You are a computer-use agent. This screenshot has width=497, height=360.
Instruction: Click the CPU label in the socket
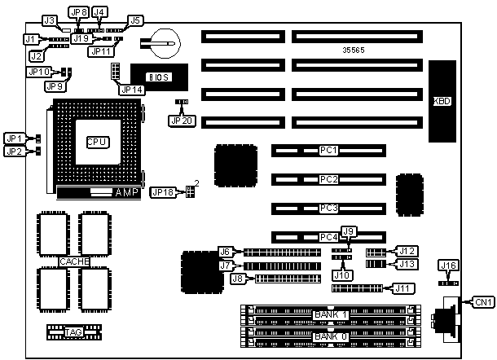[97, 141]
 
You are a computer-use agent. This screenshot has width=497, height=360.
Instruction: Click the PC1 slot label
[328, 151]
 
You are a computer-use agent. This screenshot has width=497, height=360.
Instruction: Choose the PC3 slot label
[328, 207]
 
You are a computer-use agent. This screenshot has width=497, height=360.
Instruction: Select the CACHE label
[73, 261]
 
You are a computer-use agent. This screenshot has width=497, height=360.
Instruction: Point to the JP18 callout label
[163, 192]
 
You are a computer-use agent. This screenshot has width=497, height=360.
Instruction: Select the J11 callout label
[402, 288]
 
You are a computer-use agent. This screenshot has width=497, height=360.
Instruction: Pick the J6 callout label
[226, 251]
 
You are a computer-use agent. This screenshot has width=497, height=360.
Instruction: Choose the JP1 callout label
[15, 138]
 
